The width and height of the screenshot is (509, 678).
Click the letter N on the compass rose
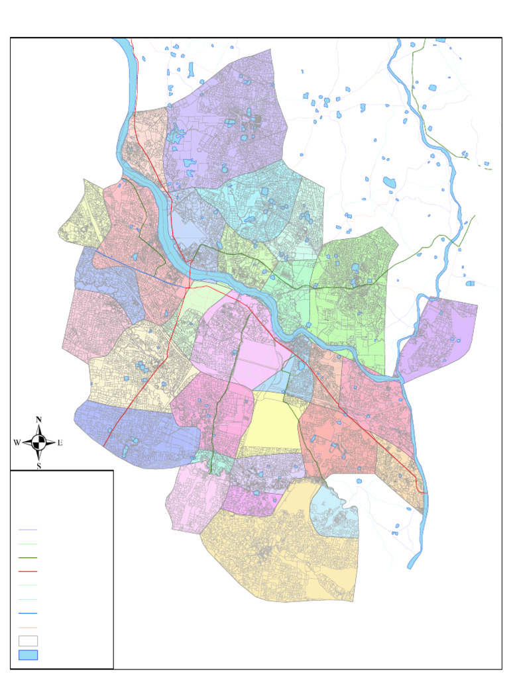[x=38, y=419]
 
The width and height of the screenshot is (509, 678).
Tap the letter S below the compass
[x=38, y=465]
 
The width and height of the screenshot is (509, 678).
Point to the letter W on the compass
[x=17, y=443]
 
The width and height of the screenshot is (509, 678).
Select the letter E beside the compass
[x=60, y=443]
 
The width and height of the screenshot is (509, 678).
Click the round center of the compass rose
[x=38, y=443]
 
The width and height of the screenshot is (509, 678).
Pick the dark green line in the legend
[x=28, y=558]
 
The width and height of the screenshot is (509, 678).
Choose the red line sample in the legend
[x=28, y=571]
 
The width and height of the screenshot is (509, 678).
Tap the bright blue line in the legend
[x=28, y=613]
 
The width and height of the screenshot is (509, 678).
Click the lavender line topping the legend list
[x=28, y=530]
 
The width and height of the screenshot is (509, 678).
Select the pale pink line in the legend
[x=28, y=627]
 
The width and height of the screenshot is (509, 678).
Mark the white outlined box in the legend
[x=28, y=641]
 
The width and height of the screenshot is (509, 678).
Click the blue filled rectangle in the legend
[x=28, y=655]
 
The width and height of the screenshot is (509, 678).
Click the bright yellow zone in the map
[x=272, y=424]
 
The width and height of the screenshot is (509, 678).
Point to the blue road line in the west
[x=133, y=267]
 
